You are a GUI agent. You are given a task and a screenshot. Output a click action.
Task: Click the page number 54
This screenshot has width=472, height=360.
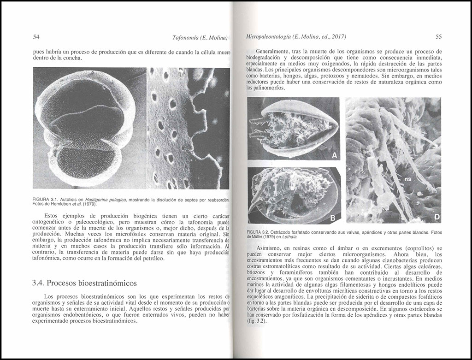click(x=37, y=37)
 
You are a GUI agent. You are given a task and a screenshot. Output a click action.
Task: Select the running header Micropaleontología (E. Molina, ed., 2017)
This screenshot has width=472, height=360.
click(x=296, y=36)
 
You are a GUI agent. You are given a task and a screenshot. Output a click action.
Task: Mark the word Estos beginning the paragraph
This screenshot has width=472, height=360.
click(x=52, y=216)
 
